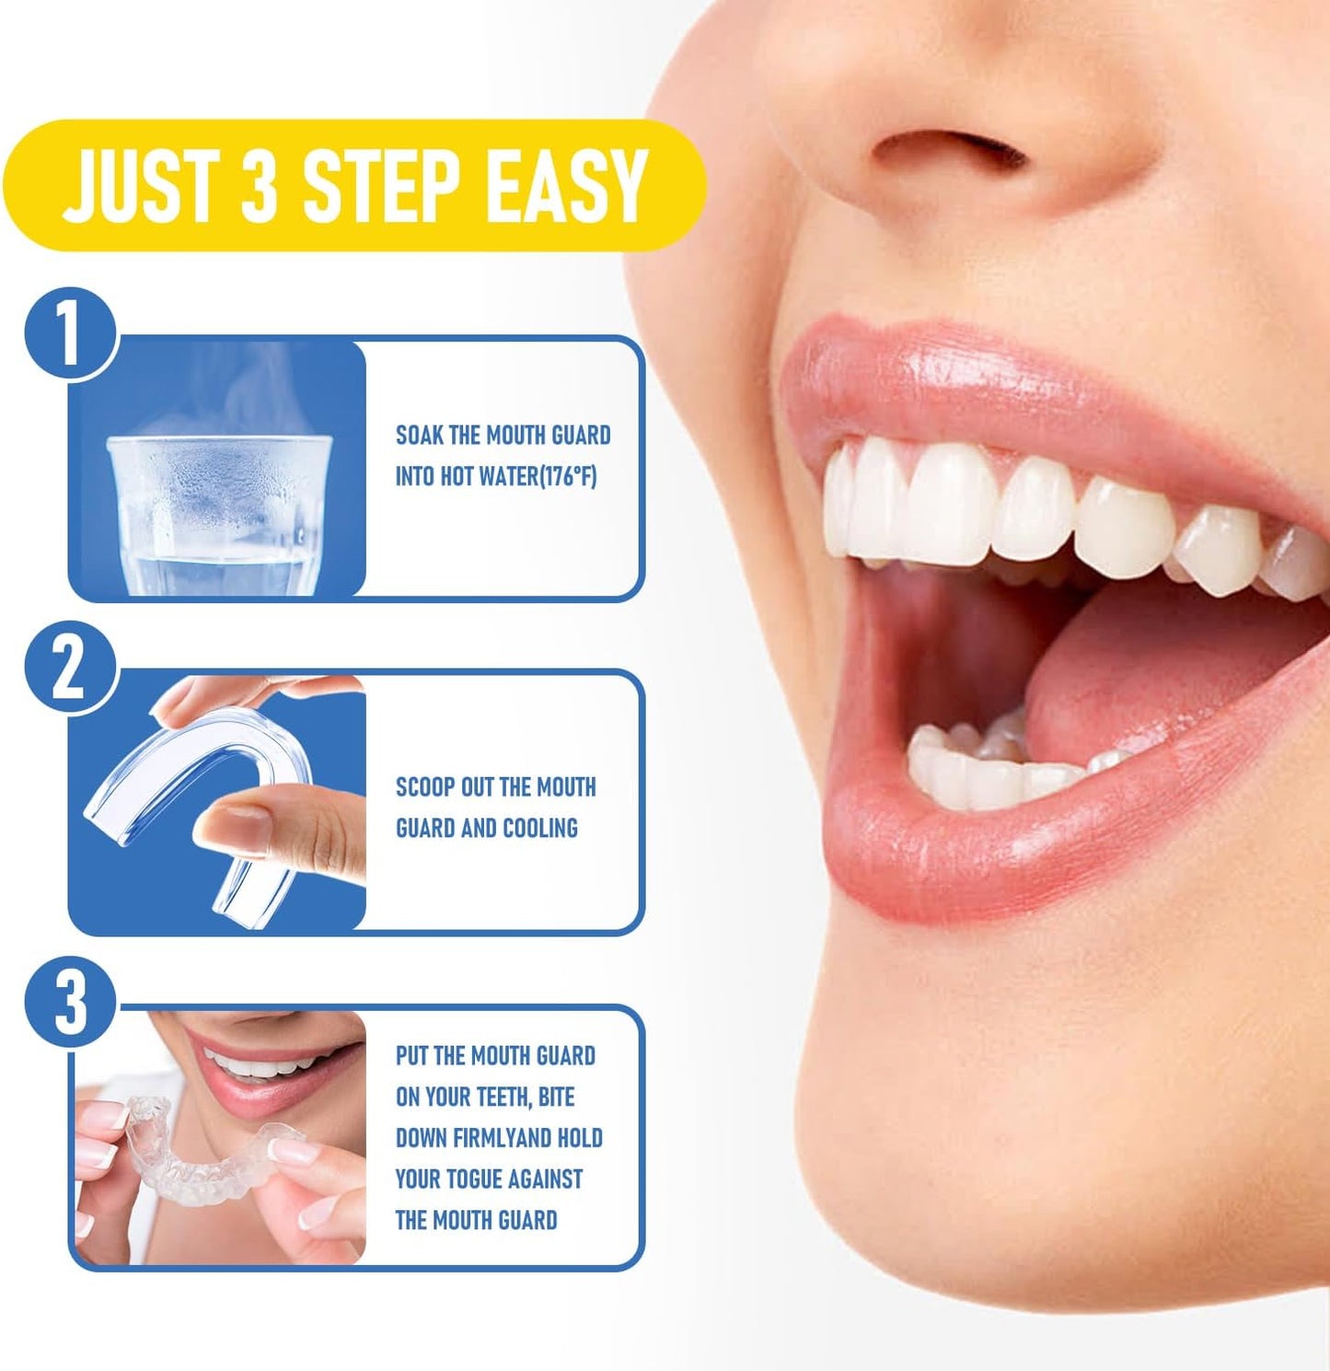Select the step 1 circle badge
69,334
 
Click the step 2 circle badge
69,669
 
